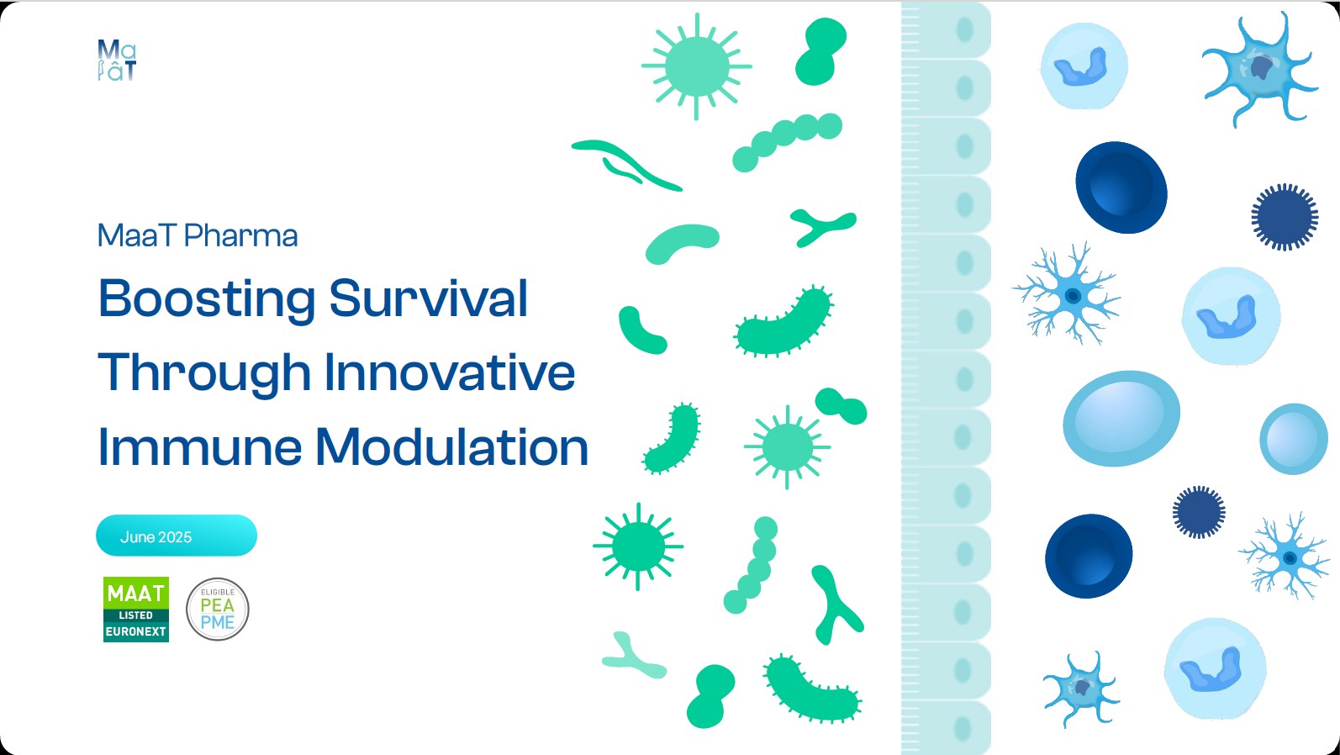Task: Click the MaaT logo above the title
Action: pyautogui.click(x=117, y=60)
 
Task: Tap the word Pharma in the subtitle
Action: pyautogui.click(x=240, y=235)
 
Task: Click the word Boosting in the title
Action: pyautogui.click(x=207, y=300)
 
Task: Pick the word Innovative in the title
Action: pyautogui.click(x=450, y=372)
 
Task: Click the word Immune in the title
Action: pyautogui.click(x=200, y=447)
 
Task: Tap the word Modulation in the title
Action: pyautogui.click(x=452, y=447)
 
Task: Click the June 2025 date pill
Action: pyautogui.click(x=177, y=536)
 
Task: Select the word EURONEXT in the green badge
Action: pyautogui.click(x=136, y=631)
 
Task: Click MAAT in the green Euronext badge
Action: pyautogui.click(x=136, y=594)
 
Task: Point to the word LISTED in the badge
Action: pyautogui.click(x=136, y=615)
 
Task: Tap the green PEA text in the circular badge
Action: pyautogui.click(x=217, y=605)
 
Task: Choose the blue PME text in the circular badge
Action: pyautogui.click(x=218, y=623)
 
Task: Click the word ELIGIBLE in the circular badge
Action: pyautogui.click(x=218, y=592)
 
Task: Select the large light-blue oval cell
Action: pyautogui.click(x=1121, y=418)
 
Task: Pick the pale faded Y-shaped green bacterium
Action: pyautogui.click(x=633, y=657)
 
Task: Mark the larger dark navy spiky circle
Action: pyautogui.click(x=1285, y=217)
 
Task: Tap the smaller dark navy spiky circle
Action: pyautogui.click(x=1198, y=512)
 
